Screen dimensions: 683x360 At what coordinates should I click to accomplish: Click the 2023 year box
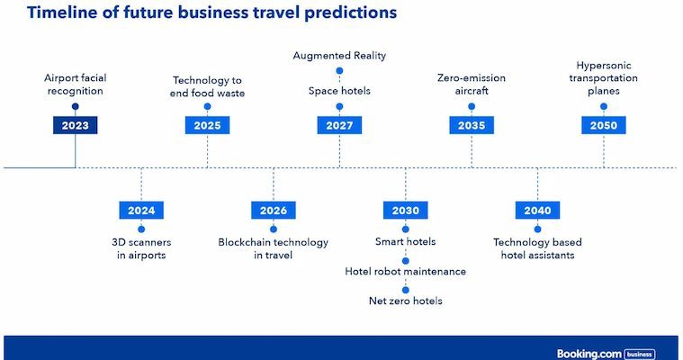(x=76, y=125)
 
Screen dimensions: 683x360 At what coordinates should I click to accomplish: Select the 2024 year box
(x=141, y=211)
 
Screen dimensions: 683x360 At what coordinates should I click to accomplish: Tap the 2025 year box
(x=207, y=125)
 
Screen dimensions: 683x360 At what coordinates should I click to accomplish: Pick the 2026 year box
(x=274, y=211)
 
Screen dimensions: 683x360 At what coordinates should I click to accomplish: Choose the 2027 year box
(x=339, y=125)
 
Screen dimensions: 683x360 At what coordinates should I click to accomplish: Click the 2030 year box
(x=406, y=211)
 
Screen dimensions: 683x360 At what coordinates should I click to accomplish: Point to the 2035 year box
(x=472, y=125)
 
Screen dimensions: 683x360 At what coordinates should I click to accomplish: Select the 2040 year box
(x=537, y=211)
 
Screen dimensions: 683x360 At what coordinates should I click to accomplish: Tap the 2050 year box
(x=604, y=125)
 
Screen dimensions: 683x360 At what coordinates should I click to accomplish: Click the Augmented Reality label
(x=339, y=56)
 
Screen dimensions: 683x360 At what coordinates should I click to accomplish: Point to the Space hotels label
(x=339, y=91)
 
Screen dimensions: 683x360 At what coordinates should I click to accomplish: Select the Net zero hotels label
(x=406, y=301)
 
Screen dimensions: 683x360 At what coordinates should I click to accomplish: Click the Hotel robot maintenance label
(x=406, y=272)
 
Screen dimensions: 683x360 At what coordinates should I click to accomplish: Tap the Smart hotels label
(x=406, y=241)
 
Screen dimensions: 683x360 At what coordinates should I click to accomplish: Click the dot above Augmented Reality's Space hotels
(x=339, y=70)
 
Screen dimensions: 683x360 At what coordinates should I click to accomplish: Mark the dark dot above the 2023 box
(x=76, y=106)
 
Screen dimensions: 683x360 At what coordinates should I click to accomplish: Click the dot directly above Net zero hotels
(x=406, y=290)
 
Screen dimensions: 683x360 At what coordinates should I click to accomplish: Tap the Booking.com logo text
(x=589, y=354)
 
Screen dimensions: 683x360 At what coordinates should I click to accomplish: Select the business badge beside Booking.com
(x=640, y=355)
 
